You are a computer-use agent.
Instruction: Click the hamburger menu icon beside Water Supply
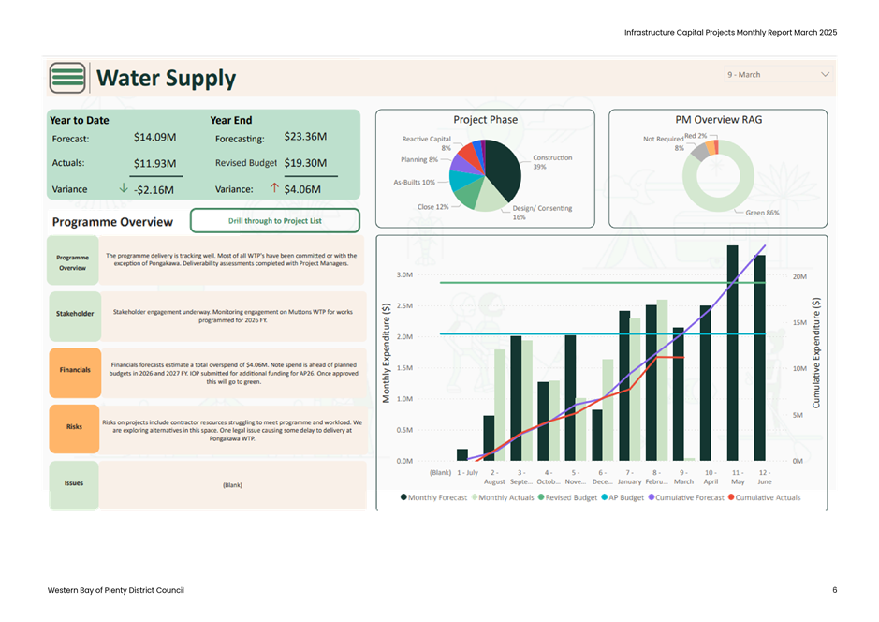(x=67, y=78)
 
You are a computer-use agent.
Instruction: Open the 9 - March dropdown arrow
(x=825, y=74)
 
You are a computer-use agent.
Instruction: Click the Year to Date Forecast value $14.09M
(x=155, y=137)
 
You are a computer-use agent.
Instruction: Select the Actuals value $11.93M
(x=155, y=163)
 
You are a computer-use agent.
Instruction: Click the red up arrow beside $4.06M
(x=274, y=188)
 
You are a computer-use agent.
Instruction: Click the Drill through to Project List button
(x=275, y=221)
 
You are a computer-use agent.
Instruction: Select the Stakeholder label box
(x=75, y=314)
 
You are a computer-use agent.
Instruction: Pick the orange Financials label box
(x=75, y=370)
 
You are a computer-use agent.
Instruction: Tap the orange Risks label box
(x=75, y=426)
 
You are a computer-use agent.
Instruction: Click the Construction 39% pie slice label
(x=552, y=161)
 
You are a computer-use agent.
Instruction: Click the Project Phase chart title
(x=485, y=120)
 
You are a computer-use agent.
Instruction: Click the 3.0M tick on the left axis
(x=404, y=275)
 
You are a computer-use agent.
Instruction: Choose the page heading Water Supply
(x=167, y=79)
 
